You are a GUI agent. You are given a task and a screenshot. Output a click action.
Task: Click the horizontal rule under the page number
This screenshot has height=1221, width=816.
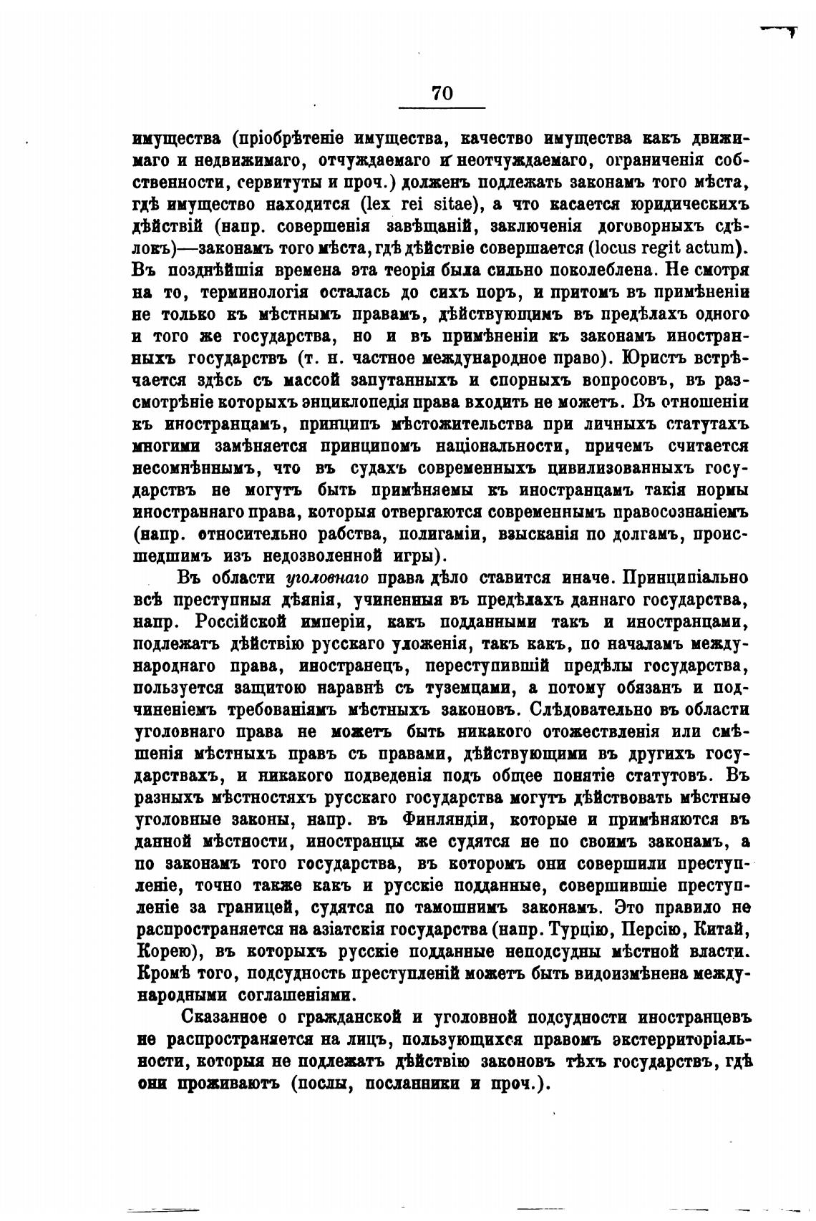click(x=442, y=108)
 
